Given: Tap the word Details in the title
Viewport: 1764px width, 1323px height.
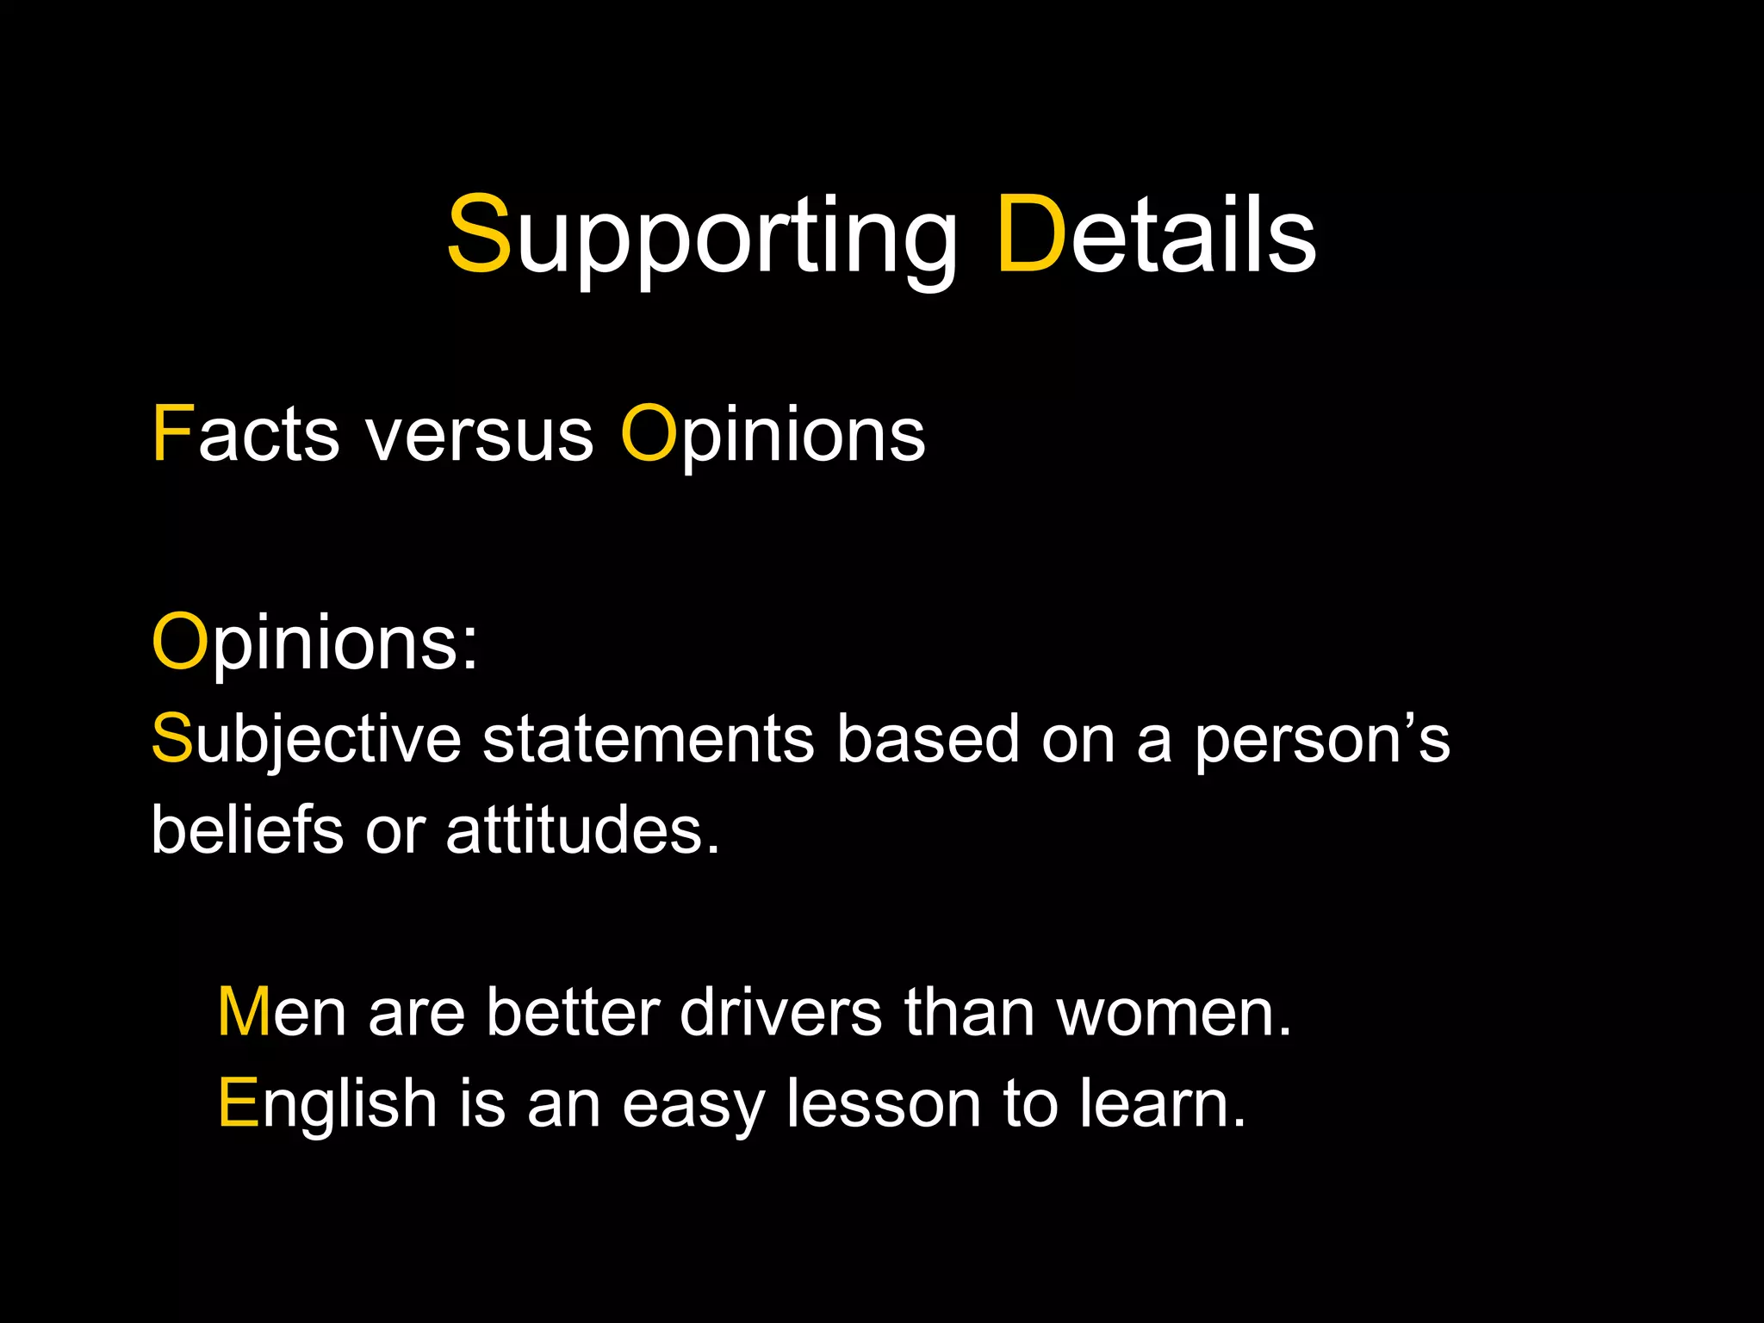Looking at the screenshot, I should [1157, 234].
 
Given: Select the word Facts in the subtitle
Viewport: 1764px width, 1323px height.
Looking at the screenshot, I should [245, 434].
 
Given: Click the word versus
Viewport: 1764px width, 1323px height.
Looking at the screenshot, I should [480, 436].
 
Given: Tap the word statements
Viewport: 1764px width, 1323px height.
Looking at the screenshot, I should [648, 739].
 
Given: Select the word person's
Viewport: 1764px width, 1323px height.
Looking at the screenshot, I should [1321, 739].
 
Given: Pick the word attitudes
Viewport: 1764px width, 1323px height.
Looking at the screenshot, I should [582, 830].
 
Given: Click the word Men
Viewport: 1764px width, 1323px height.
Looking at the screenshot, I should [282, 1012].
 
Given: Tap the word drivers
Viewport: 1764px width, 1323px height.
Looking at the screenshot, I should [780, 1012].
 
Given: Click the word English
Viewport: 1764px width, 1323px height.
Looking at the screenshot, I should [327, 1105].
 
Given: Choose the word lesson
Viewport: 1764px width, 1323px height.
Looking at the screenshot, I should [883, 1103].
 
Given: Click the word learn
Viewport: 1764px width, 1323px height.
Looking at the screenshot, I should [1162, 1103].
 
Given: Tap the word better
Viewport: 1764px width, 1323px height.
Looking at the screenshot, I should [573, 1012].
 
